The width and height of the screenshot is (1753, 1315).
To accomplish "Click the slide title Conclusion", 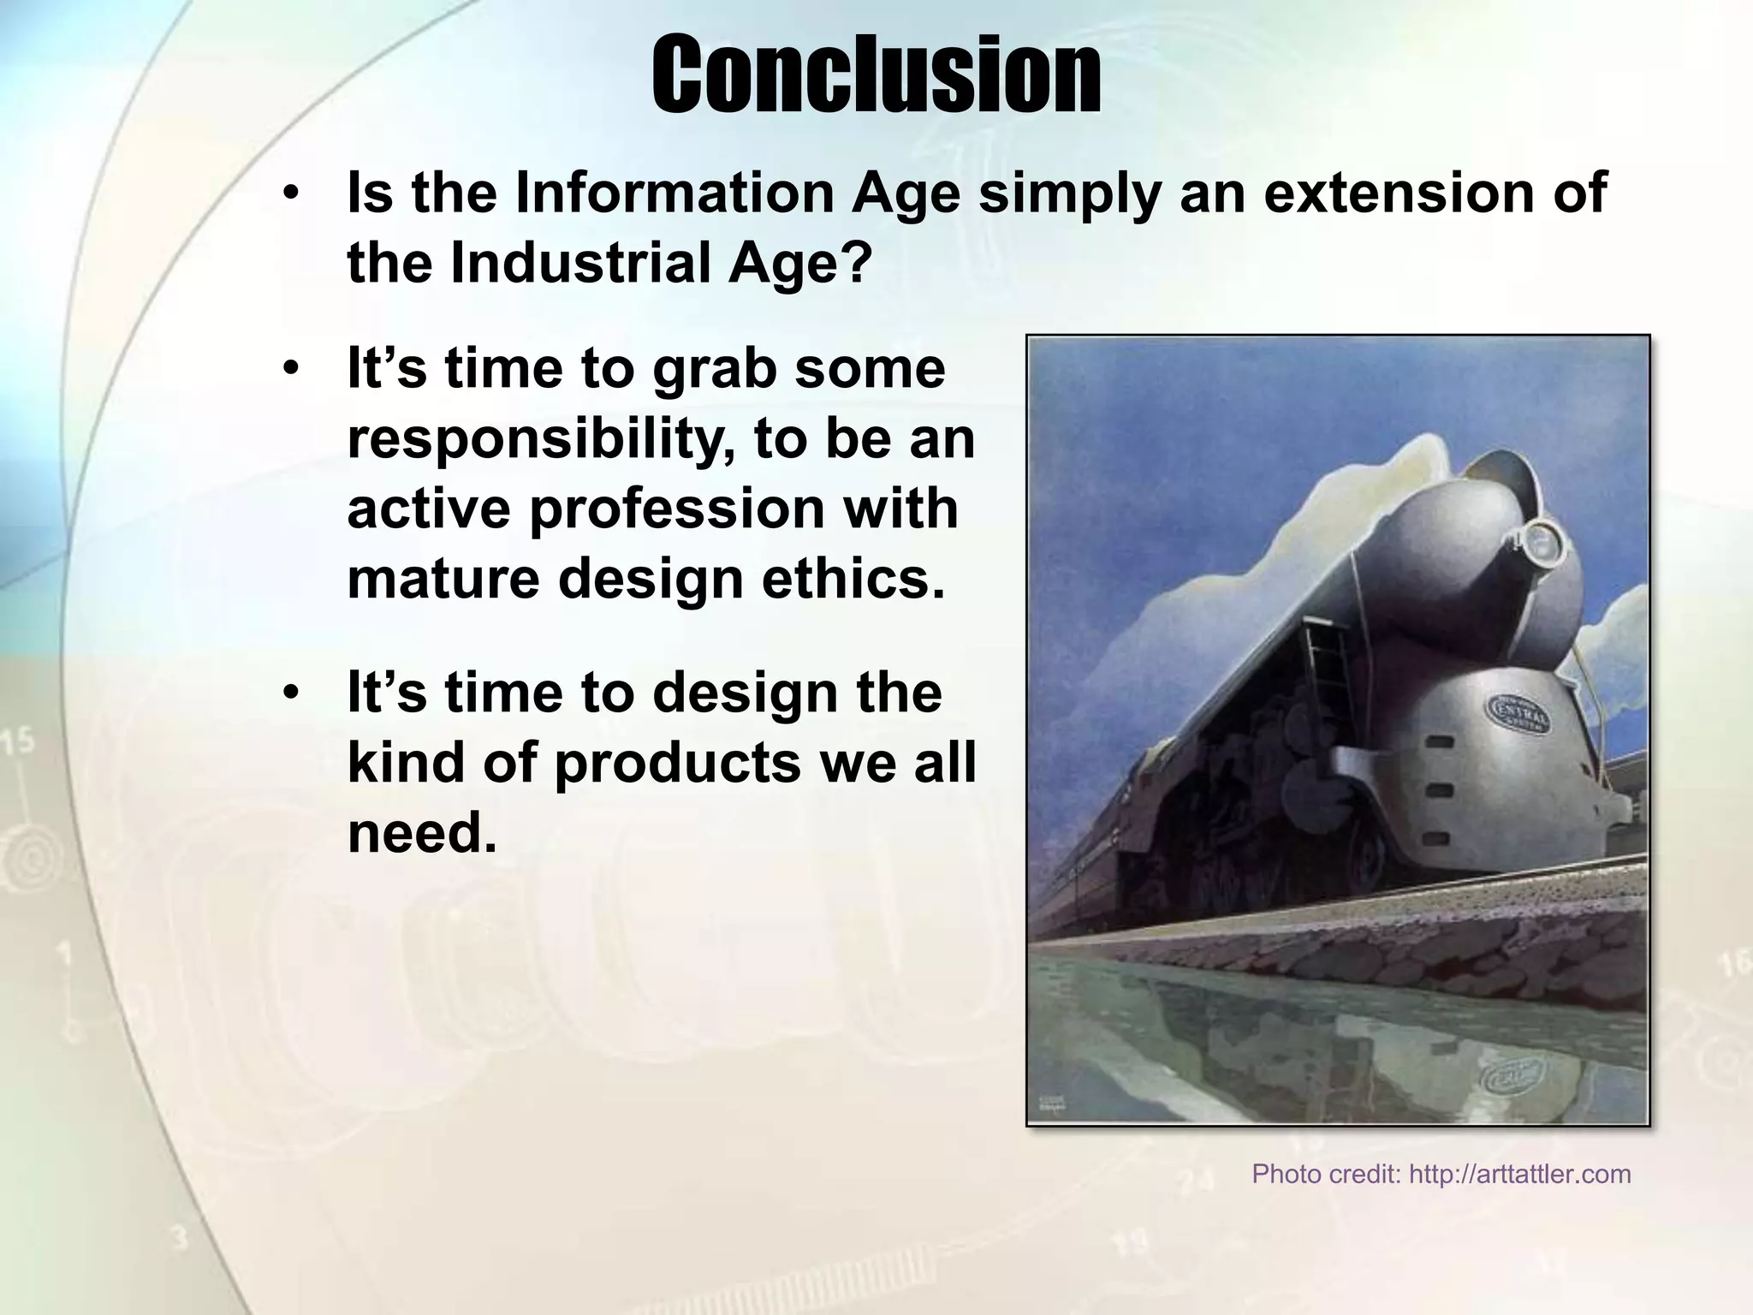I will [x=876, y=75].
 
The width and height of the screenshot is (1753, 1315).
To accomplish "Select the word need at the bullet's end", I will [x=421, y=832].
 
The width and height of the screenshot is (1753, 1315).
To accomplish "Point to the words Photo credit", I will [x=1326, y=1174].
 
